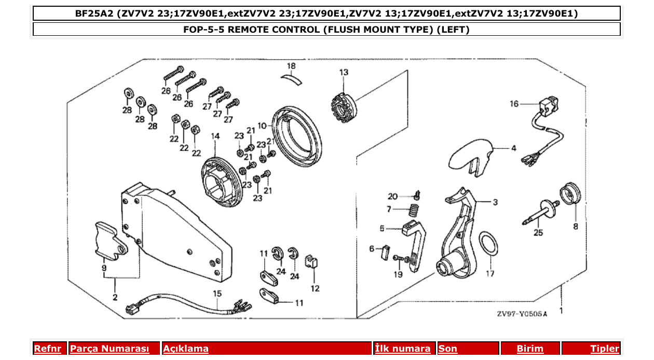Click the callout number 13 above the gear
(344, 73)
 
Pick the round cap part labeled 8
(570, 195)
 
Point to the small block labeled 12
(311, 262)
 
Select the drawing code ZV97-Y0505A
(522, 314)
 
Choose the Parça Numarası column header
(109, 349)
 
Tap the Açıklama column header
(186, 349)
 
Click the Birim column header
(530, 349)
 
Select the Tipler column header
(605, 349)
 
